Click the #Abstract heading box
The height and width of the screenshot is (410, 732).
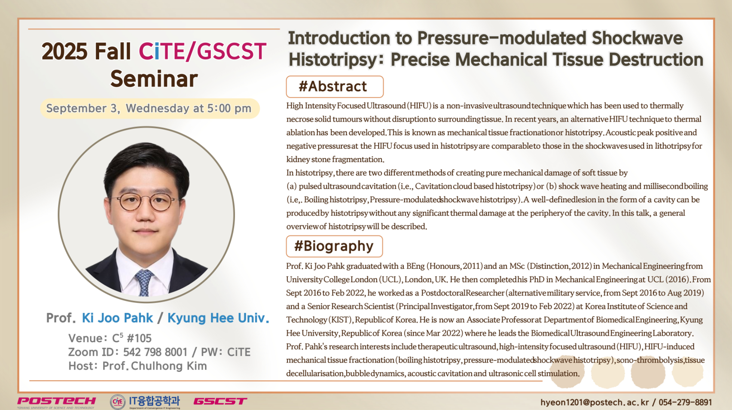click(335, 86)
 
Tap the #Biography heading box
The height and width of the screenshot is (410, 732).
click(334, 246)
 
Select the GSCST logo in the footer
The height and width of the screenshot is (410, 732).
click(220, 401)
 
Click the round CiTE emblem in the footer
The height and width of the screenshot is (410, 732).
click(118, 402)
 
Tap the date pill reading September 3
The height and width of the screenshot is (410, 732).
click(150, 109)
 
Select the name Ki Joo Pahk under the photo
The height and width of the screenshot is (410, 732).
click(117, 318)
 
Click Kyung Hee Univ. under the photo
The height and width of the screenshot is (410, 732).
click(218, 318)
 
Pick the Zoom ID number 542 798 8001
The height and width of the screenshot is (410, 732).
click(155, 352)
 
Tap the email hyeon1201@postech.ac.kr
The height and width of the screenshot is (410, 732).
click(595, 403)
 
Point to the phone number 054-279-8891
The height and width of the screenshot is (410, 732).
click(685, 403)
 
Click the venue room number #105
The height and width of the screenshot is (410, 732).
click(139, 338)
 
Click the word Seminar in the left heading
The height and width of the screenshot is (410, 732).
click(154, 79)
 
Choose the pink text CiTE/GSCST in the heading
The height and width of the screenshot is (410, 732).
click(202, 51)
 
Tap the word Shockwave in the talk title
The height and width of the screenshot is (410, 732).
click(637, 38)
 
